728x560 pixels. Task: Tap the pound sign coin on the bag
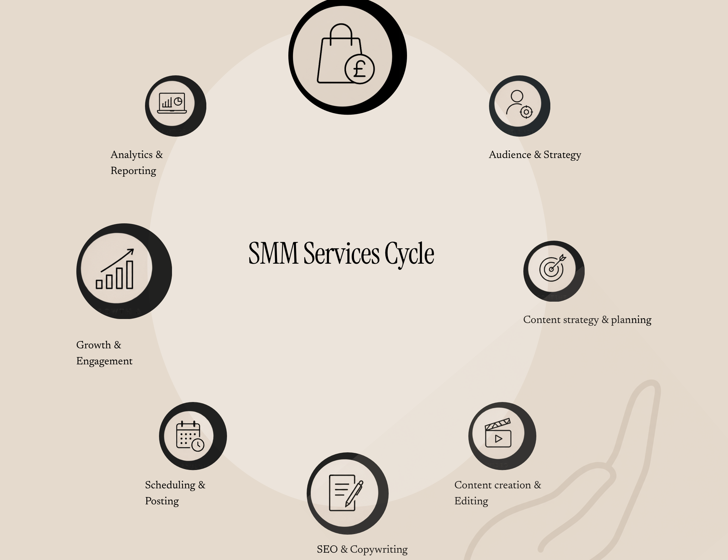pyautogui.click(x=359, y=69)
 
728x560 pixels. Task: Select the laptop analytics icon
pyautogui.click(x=172, y=103)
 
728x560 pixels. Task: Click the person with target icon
pyautogui.click(x=519, y=104)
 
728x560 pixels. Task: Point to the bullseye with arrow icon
pyautogui.click(x=553, y=268)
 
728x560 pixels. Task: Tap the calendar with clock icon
pyautogui.click(x=190, y=436)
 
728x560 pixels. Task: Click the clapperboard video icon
pyautogui.click(x=498, y=433)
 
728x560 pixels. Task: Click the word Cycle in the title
pyautogui.click(x=409, y=254)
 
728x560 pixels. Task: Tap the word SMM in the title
pyautogui.click(x=273, y=253)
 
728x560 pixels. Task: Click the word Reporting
pyautogui.click(x=133, y=171)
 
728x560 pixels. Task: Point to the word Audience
pyautogui.click(x=510, y=155)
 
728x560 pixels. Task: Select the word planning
pyautogui.click(x=631, y=320)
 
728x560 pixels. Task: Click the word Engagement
pyautogui.click(x=104, y=362)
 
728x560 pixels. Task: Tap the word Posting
pyautogui.click(x=162, y=501)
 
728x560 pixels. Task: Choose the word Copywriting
pyautogui.click(x=379, y=550)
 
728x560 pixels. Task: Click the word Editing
pyautogui.click(x=471, y=501)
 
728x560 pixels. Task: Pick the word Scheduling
pyautogui.click(x=170, y=485)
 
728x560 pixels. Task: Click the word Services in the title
pyautogui.click(x=342, y=253)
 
